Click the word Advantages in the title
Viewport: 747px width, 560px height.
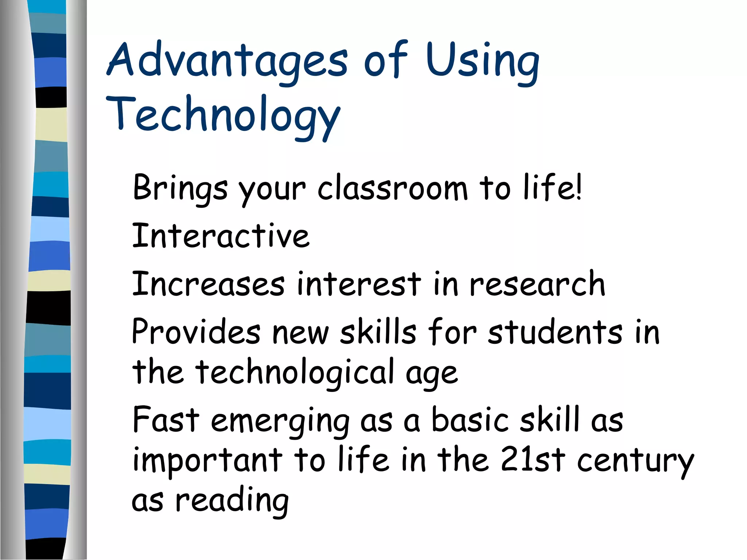tap(227, 60)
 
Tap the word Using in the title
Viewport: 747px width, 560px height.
tap(482, 60)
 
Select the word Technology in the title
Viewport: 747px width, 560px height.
tap(223, 115)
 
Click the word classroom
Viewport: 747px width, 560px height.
tap(392, 188)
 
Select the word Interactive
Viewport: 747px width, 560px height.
tap(221, 236)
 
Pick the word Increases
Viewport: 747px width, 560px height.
tap(208, 284)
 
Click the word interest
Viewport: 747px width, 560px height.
tap(359, 284)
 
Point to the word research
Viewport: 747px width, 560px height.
tap(537, 284)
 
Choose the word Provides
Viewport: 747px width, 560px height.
tap(196, 331)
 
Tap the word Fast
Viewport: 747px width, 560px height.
tap(166, 420)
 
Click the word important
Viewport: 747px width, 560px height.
tap(208, 460)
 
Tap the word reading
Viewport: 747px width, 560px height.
tap(232, 501)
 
